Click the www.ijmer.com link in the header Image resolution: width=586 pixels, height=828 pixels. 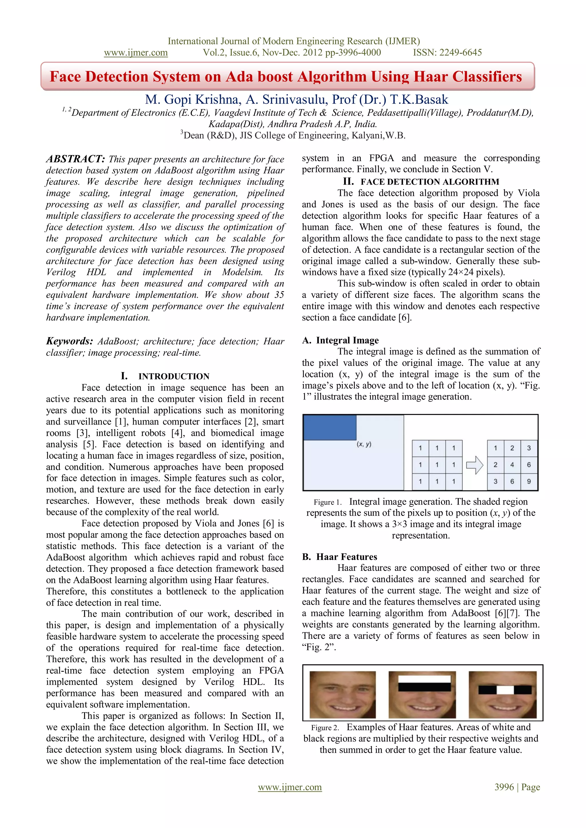pyautogui.click(x=136, y=53)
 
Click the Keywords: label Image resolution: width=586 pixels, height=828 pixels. pyautogui.click(x=70, y=341)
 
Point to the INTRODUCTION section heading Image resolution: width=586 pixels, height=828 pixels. pyautogui.click(x=174, y=376)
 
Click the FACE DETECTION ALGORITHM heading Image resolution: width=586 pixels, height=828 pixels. pyautogui.click(x=430, y=182)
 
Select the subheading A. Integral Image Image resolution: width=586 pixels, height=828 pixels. pyautogui.click(x=340, y=340)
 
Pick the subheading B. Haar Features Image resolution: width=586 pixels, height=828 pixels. pyautogui.click(x=340, y=557)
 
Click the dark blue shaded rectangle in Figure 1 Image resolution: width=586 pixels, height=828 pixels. pyautogui.click(x=329, y=428)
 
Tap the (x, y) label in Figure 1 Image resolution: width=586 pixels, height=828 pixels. pyautogui.click(x=364, y=444)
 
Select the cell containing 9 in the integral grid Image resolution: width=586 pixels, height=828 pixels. pyautogui.click(x=528, y=481)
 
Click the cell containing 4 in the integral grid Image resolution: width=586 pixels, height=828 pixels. pyautogui.click(x=512, y=465)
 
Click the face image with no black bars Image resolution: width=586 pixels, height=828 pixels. pyautogui.click(x=343, y=694)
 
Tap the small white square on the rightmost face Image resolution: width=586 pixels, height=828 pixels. pyautogui.click(x=505, y=690)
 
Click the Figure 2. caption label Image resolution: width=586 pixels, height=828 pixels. pyautogui.click(x=325, y=728)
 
